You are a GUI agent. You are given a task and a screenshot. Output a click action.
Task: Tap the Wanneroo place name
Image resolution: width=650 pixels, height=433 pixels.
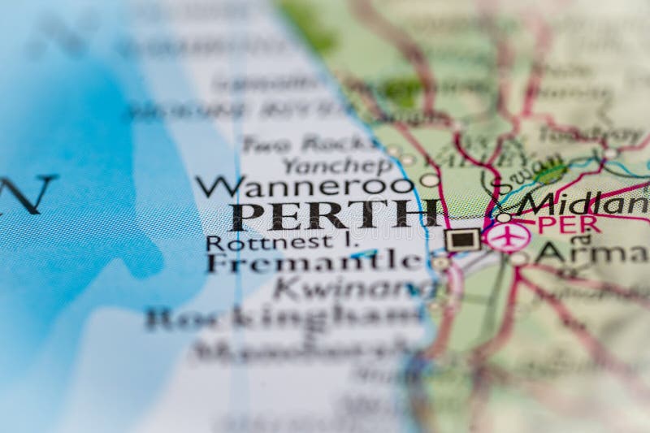(304, 187)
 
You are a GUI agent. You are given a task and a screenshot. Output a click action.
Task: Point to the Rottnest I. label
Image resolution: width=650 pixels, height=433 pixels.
(269, 242)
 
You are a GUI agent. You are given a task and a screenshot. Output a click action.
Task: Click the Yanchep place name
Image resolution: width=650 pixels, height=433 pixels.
(336, 165)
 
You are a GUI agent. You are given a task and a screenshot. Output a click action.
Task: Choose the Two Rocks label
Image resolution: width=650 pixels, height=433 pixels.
(310, 144)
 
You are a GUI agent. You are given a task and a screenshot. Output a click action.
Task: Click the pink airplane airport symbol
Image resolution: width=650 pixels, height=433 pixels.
(508, 237)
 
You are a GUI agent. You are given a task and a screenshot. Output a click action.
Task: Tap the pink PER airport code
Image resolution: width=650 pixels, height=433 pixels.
(568, 223)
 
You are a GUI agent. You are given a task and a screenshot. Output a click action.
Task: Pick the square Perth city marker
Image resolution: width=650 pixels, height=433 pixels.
(462, 239)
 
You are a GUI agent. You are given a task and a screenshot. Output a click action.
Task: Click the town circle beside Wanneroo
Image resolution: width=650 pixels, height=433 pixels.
(429, 180)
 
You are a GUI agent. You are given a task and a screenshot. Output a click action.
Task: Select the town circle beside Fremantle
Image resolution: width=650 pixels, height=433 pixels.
(440, 262)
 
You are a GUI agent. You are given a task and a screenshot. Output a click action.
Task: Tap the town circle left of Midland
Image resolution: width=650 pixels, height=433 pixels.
(504, 217)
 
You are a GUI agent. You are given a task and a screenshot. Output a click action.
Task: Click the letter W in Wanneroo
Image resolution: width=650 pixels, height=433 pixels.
(212, 187)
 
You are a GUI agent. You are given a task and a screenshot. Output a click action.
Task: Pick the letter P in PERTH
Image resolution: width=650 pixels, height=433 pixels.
(246, 216)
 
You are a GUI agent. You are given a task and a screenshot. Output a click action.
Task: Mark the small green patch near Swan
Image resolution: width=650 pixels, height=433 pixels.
(552, 173)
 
